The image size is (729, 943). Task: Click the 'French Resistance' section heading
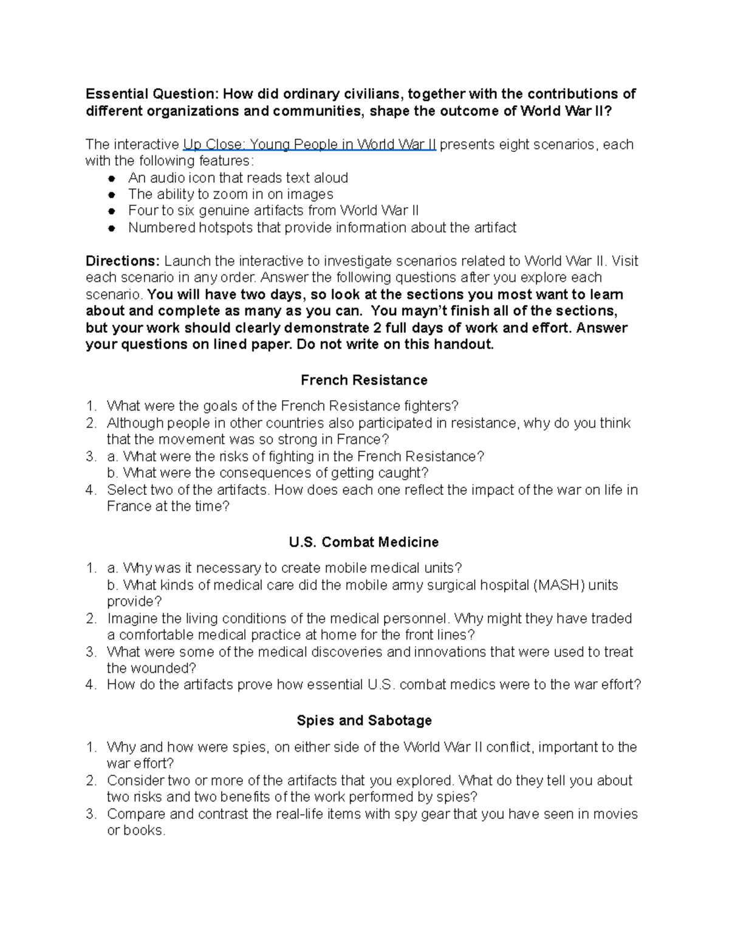pyautogui.click(x=364, y=380)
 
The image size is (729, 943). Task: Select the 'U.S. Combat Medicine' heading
pyautogui.click(x=364, y=542)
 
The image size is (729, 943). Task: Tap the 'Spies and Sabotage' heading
pyautogui.click(x=364, y=720)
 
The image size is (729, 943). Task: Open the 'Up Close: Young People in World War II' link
pyautogui.click(x=309, y=145)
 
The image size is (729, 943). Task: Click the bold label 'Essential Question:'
pyautogui.click(x=151, y=94)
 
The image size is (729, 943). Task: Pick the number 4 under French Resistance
pyautogui.click(x=91, y=490)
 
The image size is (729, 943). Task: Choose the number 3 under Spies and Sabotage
pyautogui.click(x=91, y=814)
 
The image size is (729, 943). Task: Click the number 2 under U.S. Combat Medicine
pyautogui.click(x=91, y=619)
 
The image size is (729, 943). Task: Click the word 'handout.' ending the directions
pyautogui.click(x=467, y=344)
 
